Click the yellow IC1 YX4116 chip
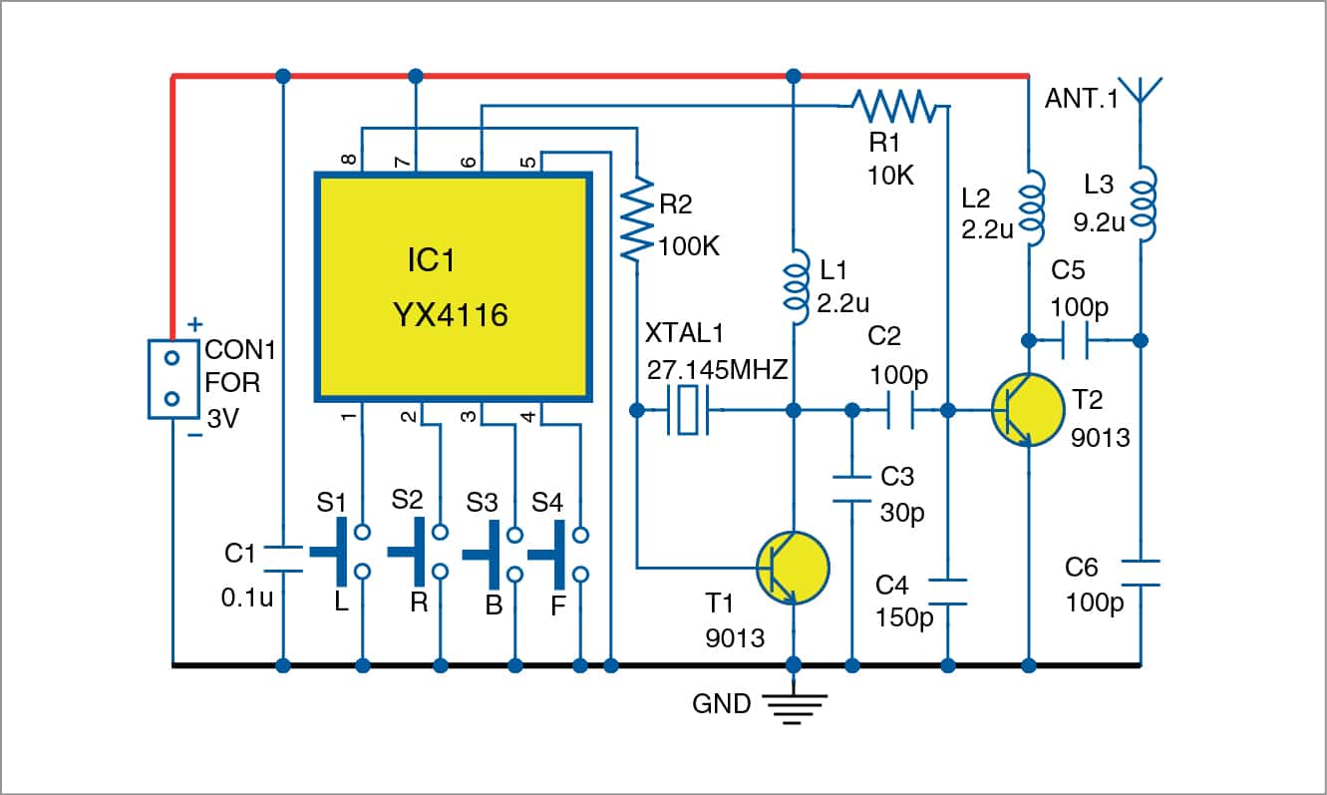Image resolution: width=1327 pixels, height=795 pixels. click(455, 287)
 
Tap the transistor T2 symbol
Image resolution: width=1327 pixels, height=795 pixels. click(1028, 411)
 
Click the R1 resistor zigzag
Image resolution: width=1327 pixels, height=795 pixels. click(889, 103)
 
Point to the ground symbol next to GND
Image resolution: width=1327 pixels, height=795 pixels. click(794, 706)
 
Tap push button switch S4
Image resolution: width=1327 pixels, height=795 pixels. click(558, 551)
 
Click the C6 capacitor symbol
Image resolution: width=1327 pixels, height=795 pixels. click(1142, 572)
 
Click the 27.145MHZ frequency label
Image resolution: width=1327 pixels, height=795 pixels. click(717, 370)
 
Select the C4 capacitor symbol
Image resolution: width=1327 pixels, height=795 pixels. click(948, 591)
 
